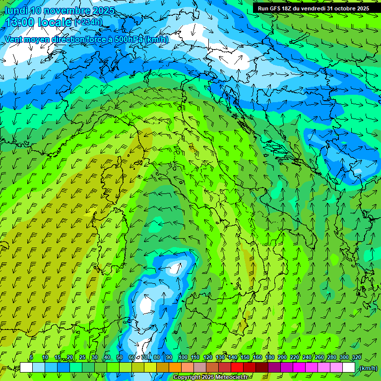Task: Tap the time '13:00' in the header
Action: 21,22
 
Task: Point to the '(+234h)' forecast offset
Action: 88,22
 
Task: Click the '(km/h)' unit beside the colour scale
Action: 368,368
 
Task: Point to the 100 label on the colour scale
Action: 183,358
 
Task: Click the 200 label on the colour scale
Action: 282,358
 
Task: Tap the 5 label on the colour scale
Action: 31,358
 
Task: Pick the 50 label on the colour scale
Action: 120,358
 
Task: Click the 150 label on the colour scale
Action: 245,358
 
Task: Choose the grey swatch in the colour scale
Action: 200,368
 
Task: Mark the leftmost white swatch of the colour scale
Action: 26,368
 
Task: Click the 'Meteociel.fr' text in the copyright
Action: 232,378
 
